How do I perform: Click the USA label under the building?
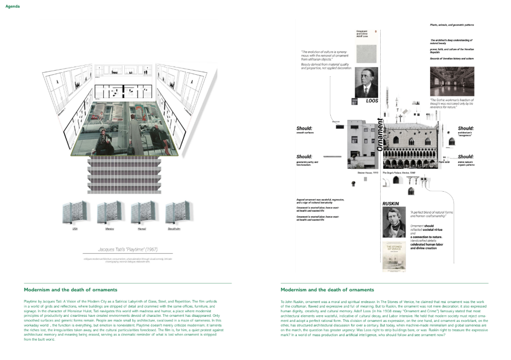coord(75,229)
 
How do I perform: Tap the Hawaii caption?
coord(142,229)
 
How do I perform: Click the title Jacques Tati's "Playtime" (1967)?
coord(128,250)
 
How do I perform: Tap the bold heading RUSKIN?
coord(391,203)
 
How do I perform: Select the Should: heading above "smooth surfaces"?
coord(304,128)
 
